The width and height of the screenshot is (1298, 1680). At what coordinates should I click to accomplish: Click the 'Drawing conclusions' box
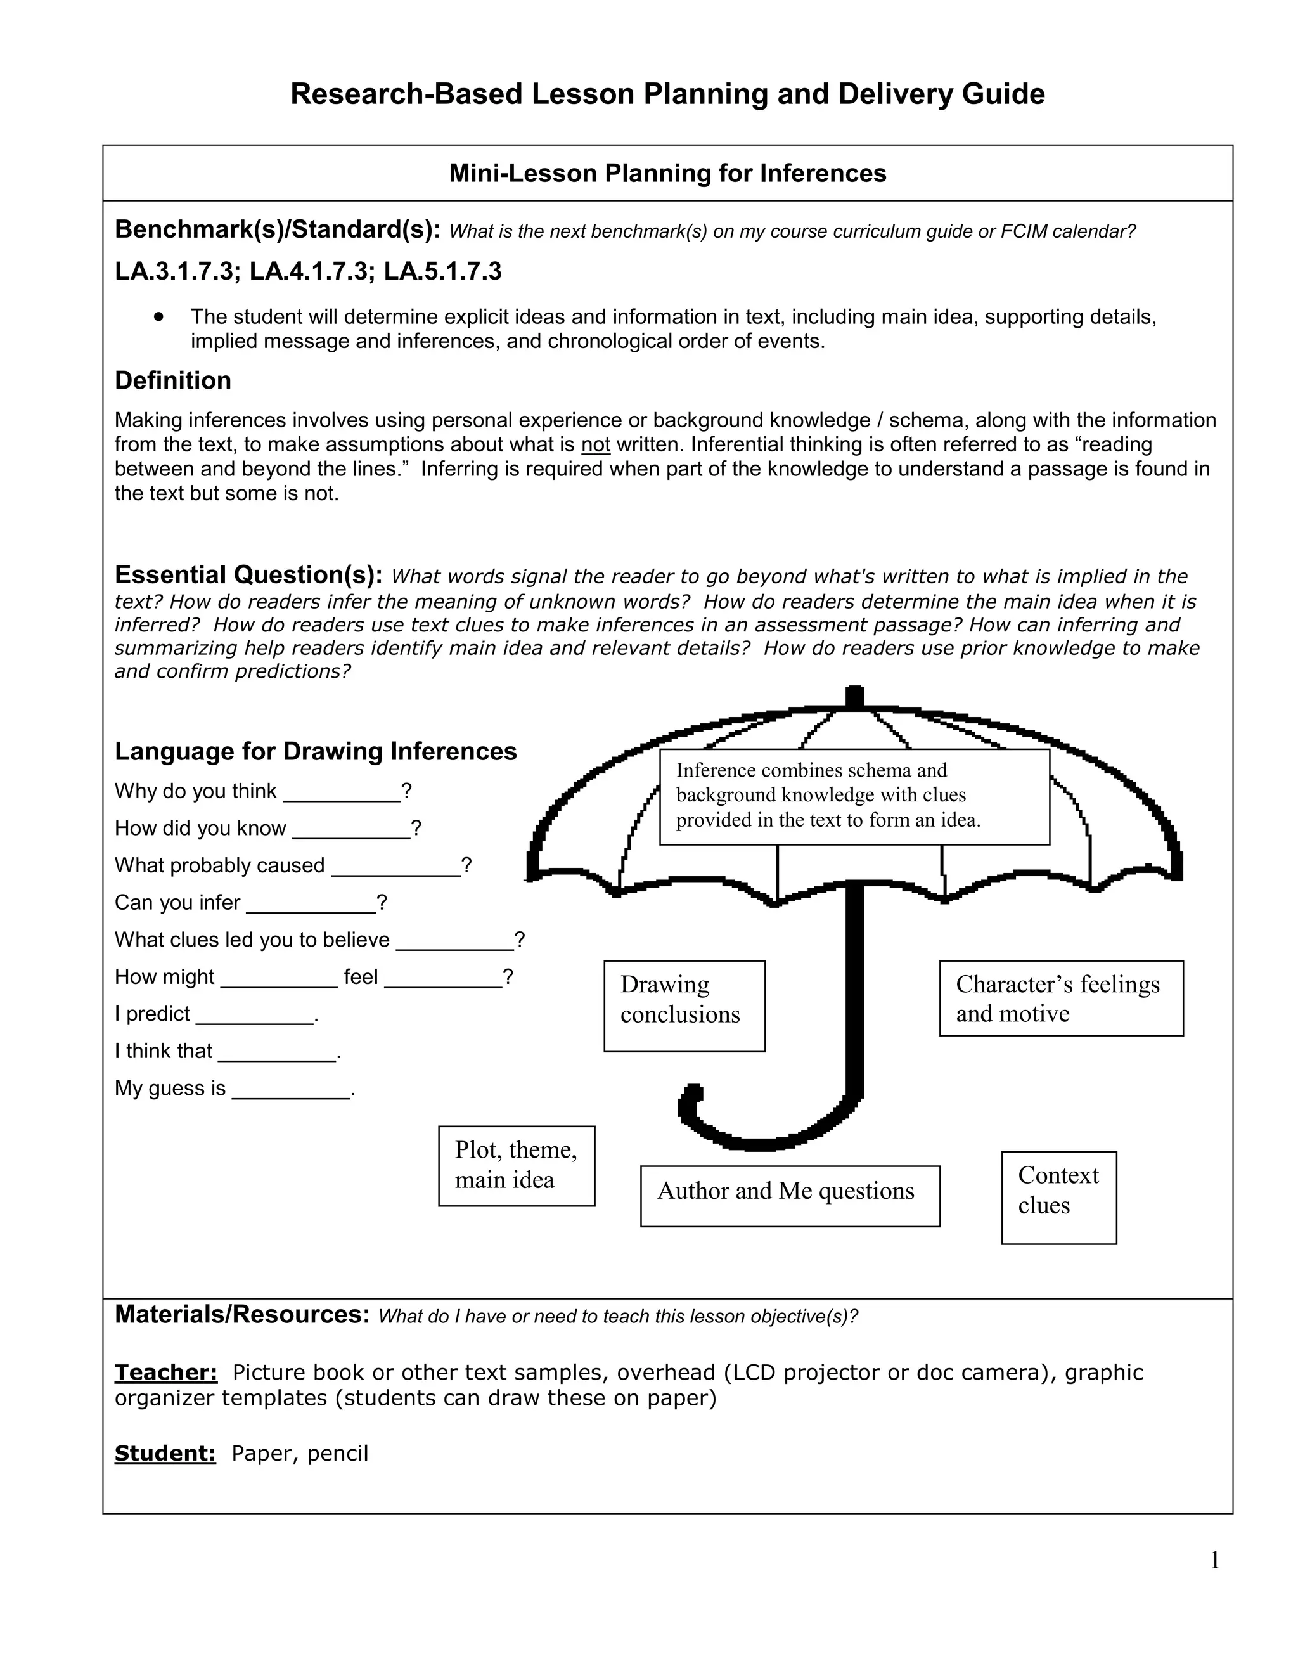pyautogui.click(x=684, y=1005)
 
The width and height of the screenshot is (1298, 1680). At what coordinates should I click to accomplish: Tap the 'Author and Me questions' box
pyautogui.click(x=789, y=1196)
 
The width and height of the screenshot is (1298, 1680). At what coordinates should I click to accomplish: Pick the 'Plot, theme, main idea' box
pyautogui.click(x=516, y=1165)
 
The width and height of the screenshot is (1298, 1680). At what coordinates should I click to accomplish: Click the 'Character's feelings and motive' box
pyautogui.click(x=1060, y=998)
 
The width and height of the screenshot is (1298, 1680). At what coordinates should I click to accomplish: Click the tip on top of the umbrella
pyautogui.click(x=854, y=696)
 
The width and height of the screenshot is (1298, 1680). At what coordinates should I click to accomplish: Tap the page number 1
pyautogui.click(x=1214, y=1560)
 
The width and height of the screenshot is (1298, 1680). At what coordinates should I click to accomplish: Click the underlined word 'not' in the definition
pyautogui.click(x=595, y=444)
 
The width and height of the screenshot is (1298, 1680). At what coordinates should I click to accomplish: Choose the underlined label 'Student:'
pyautogui.click(x=165, y=1453)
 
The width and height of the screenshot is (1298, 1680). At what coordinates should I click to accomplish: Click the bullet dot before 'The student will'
pyautogui.click(x=159, y=316)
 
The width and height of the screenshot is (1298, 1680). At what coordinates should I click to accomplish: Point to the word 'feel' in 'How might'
pyautogui.click(x=361, y=977)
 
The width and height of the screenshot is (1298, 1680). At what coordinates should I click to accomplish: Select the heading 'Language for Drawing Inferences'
pyautogui.click(x=315, y=751)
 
